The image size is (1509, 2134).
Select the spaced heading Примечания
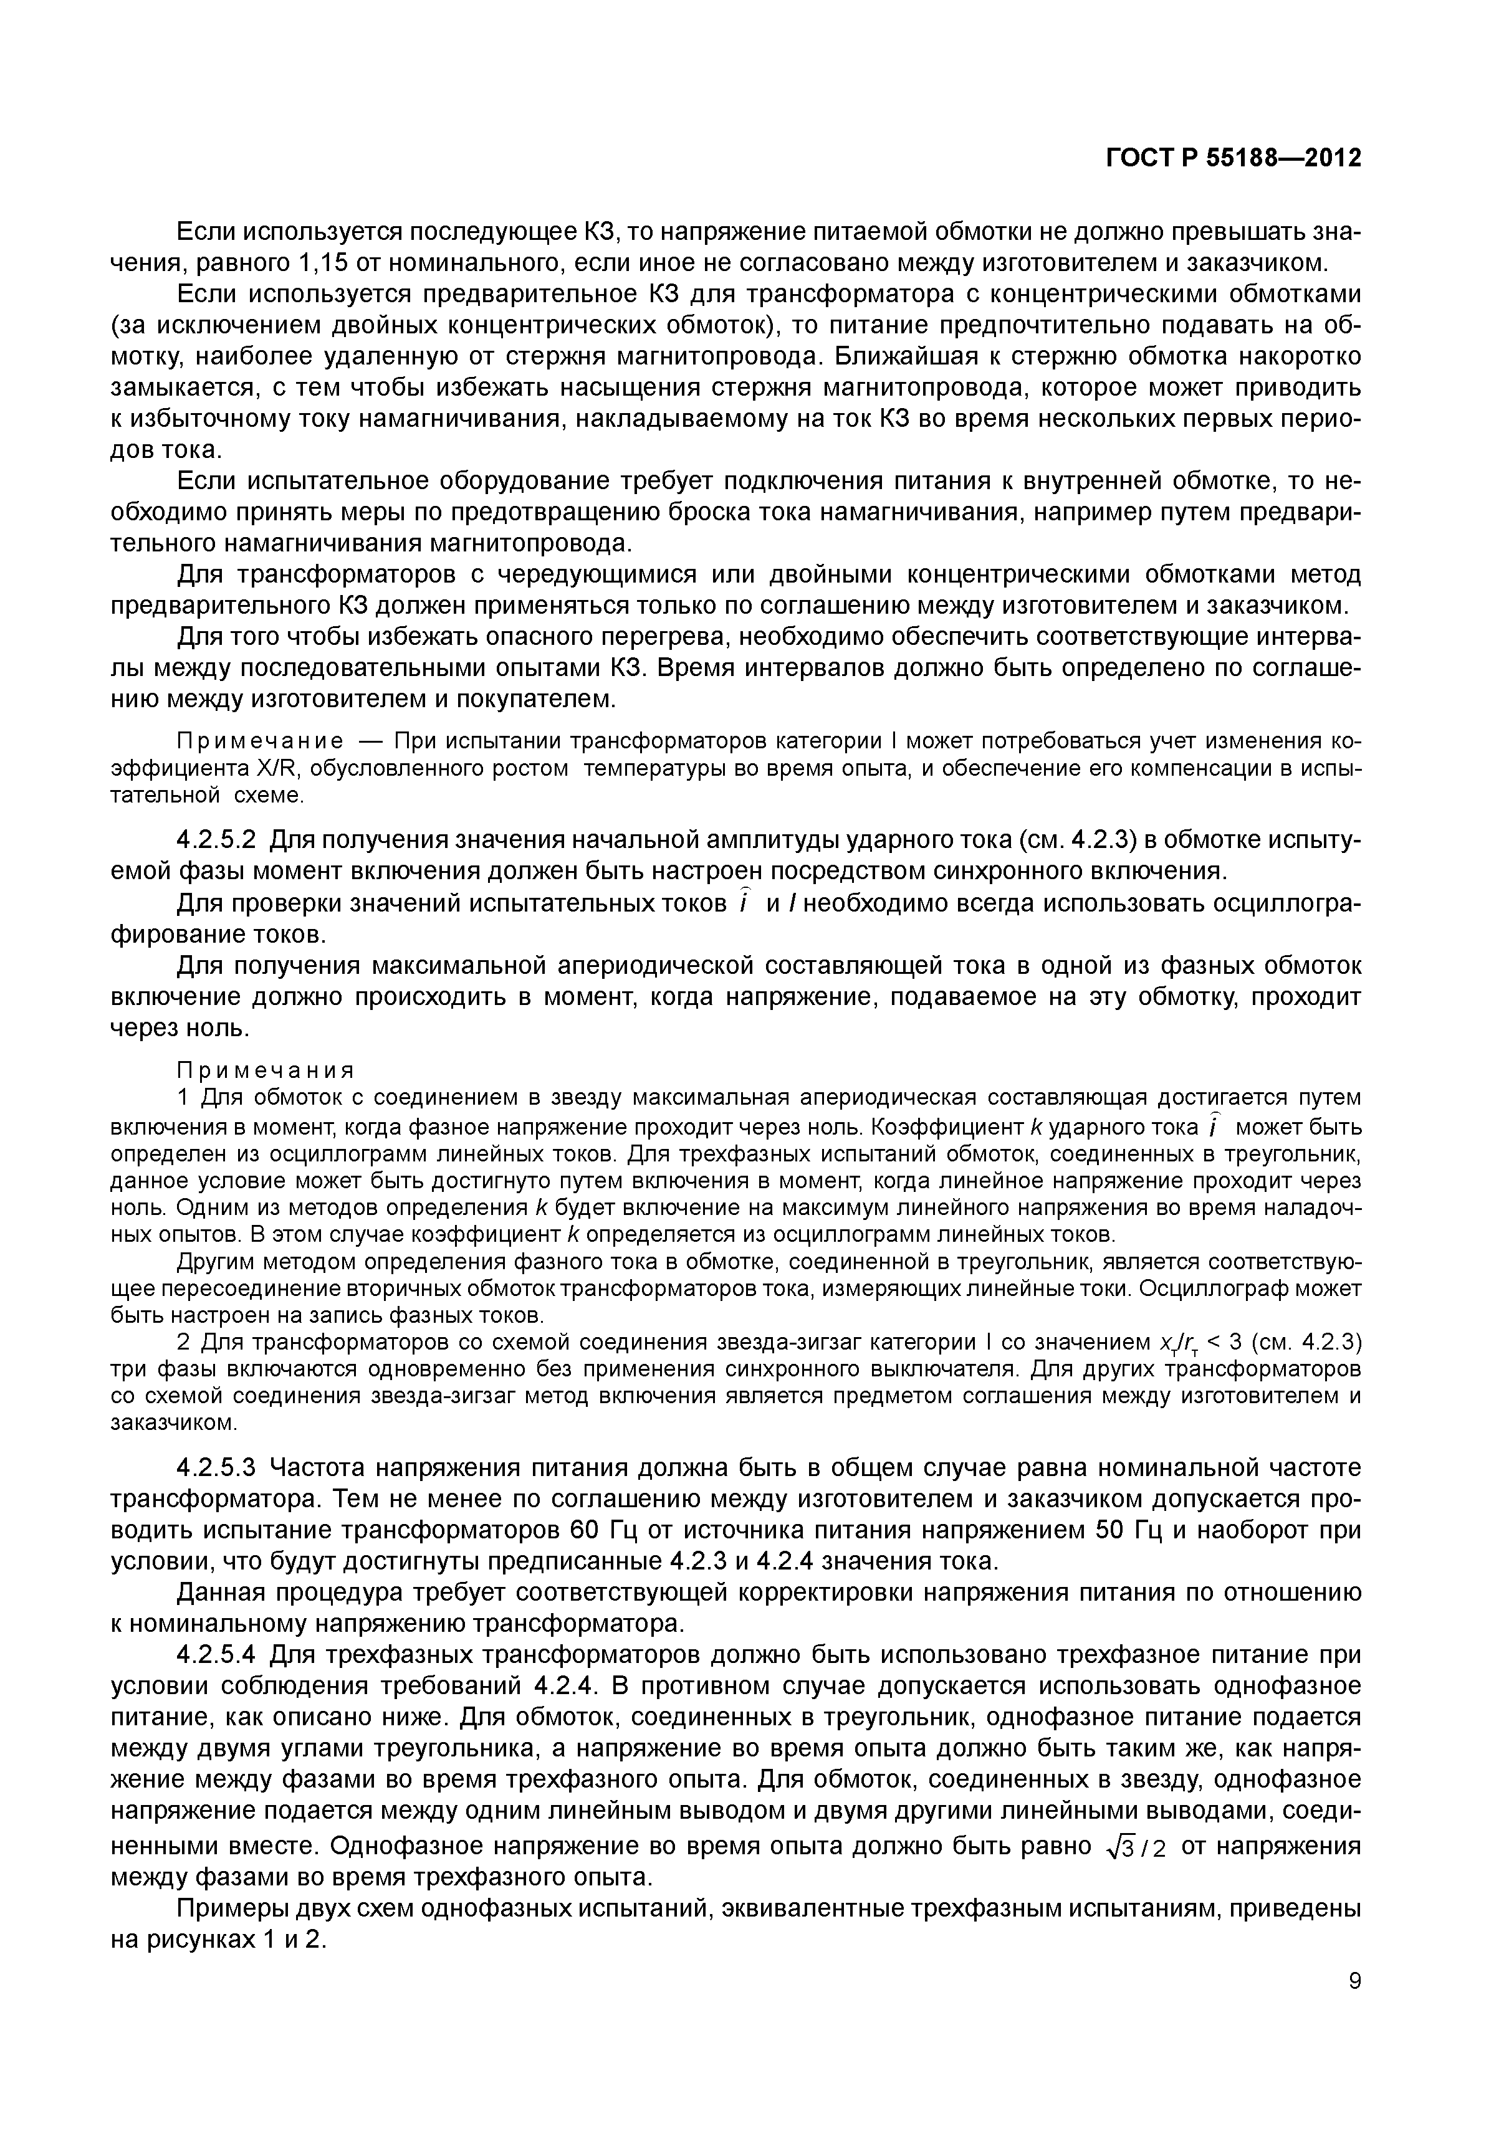(267, 1070)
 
